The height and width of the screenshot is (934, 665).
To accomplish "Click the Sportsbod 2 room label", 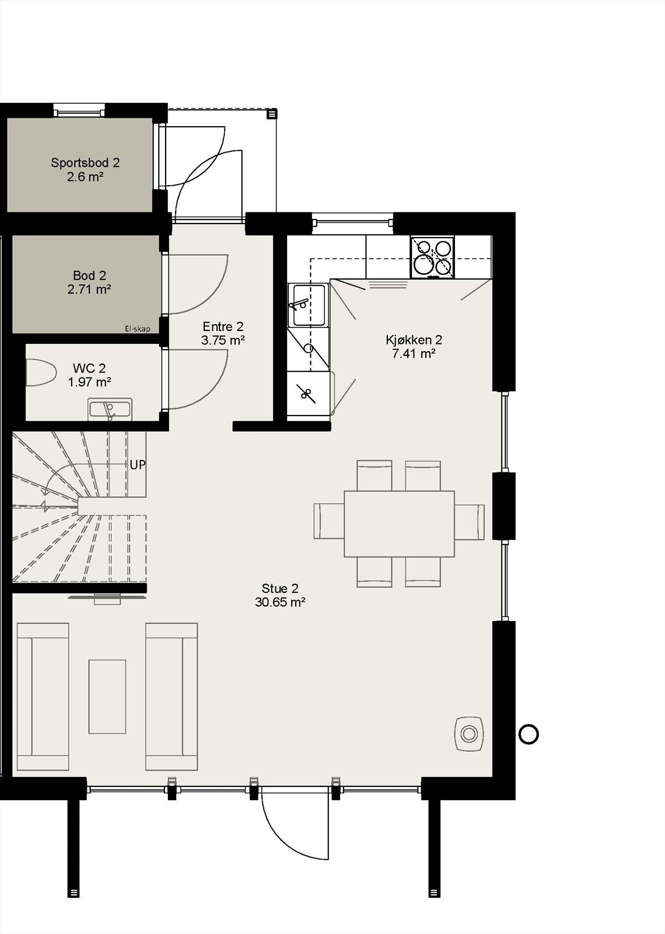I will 85,163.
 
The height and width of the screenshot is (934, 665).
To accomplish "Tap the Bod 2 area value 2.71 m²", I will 89,289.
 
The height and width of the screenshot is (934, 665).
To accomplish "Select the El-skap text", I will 137,329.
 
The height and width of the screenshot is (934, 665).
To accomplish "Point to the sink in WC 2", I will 110,409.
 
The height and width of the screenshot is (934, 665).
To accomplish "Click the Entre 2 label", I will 223,327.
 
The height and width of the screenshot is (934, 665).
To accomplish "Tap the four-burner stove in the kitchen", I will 432,256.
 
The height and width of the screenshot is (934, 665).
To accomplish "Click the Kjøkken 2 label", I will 414,340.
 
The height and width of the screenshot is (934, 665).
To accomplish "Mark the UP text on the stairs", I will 138,465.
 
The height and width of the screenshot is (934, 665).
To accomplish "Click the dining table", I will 399,524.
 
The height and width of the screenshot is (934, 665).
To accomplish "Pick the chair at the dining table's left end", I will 328,521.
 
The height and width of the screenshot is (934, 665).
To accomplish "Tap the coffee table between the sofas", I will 107,696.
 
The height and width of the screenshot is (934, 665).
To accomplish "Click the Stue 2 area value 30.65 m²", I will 281,602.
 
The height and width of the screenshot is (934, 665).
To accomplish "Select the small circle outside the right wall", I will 528,734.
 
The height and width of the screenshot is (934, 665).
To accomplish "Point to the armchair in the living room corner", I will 469,733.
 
